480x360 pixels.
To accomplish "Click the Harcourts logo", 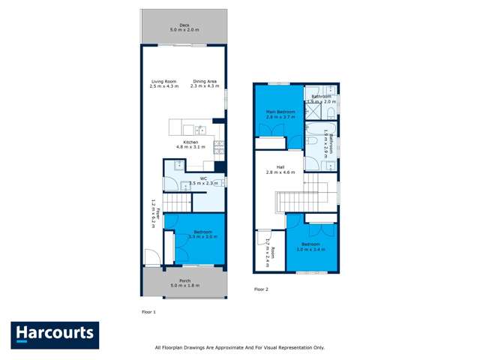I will (x=54, y=334).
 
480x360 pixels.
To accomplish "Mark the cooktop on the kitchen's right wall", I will (x=220, y=144).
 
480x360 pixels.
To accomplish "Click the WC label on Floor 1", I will (x=202, y=178).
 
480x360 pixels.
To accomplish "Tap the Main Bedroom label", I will (x=278, y=114).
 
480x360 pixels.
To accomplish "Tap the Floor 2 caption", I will (x=261, y=289).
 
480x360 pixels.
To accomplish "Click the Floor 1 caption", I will (x=148, y=310).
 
